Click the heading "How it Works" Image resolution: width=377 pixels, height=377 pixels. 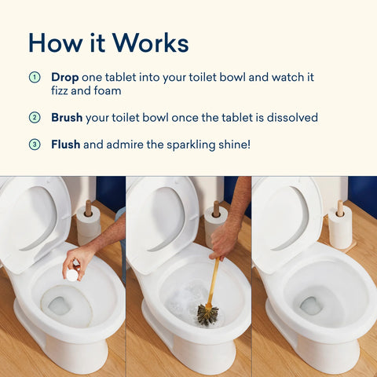(x=108, y=42)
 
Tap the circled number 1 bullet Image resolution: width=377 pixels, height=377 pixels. (x=34, y=78)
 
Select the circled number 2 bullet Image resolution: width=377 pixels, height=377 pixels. (x=34, y=118)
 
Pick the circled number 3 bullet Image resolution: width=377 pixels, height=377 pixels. (x=34, y=145)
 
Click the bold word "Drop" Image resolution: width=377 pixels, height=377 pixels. (x=65, y=78)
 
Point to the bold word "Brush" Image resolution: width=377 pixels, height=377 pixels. (x=68, y=118)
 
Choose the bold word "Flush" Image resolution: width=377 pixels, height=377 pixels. (x=66, y=145)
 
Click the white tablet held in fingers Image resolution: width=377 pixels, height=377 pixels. (x=71, y=274)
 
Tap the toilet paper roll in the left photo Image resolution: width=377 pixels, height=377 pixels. (x=89, y=225)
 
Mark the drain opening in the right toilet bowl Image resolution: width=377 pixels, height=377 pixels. (x=312, y=305)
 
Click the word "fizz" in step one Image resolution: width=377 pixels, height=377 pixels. (x=62, y=90)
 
